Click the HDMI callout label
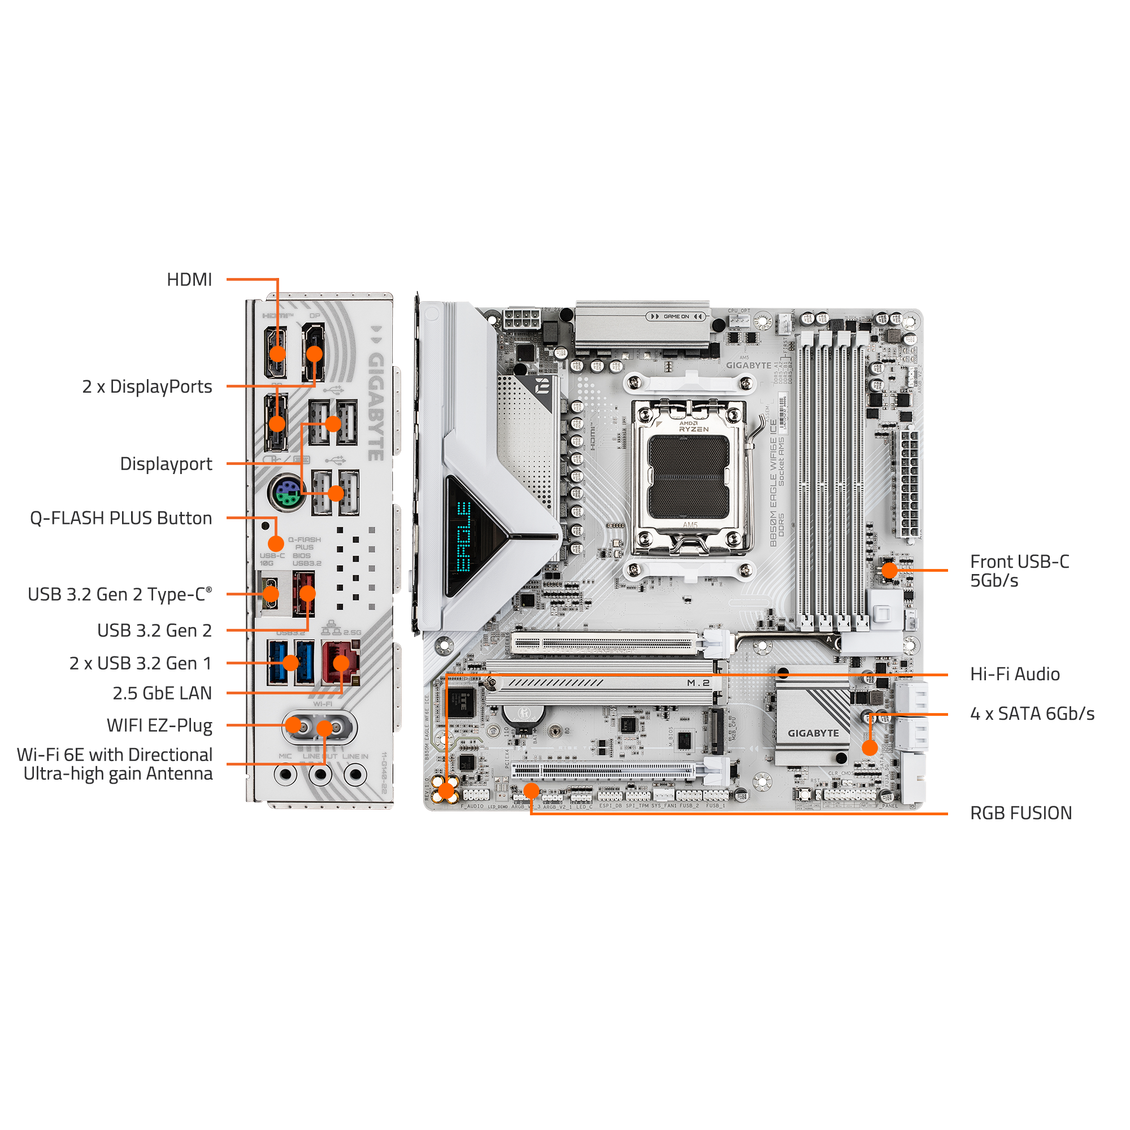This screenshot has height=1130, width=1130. coord(189,280)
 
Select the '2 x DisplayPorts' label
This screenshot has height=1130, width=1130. coord(147,386)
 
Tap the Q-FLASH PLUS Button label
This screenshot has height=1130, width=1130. coord(120,518)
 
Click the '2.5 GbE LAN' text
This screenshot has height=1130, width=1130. coord(162,693)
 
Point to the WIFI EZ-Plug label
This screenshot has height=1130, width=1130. coord(159,725)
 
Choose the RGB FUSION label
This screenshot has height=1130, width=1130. coord(1020,813)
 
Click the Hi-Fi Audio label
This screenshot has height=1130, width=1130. coord(1015,674)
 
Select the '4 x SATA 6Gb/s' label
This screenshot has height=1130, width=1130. coord(1032,714)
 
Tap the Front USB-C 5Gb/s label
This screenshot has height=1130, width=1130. coord(1019,571)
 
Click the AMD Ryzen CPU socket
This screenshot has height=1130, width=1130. coord(689,477)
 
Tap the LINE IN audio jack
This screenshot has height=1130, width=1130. coord(354,775)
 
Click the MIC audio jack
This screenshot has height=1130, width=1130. coord(285,775)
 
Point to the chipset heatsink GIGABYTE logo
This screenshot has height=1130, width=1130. coord(812,733)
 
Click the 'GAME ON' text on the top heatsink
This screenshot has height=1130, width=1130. coord(676,316)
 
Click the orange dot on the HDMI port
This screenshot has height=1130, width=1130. coord(277,353)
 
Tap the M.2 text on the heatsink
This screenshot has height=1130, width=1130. coord(698,683)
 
